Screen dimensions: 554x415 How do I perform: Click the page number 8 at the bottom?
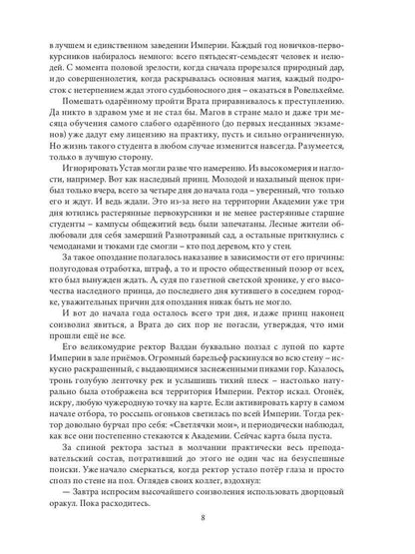tap(207, 517)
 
